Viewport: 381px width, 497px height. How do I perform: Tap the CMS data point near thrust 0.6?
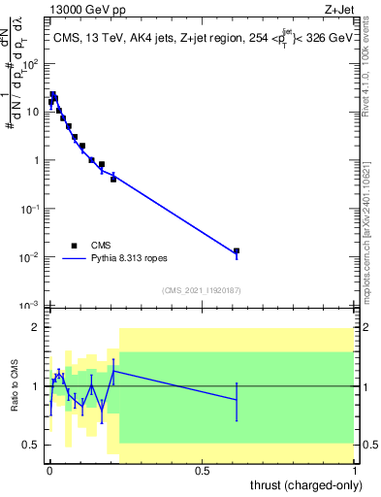pos(237,250)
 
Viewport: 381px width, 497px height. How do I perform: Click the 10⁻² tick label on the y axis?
pos(32,256)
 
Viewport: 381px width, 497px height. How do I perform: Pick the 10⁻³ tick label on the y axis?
pos(32,305)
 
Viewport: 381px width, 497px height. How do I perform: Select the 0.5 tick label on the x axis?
pos(202,469)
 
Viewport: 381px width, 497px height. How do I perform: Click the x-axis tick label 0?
pos(48,469)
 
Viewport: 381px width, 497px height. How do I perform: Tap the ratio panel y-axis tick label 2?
pos(37,328)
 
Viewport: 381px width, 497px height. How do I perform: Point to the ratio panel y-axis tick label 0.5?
pos(33,445)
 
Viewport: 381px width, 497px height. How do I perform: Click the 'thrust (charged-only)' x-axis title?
pos(304,484)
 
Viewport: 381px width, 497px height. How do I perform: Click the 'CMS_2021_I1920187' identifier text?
pos(202,290)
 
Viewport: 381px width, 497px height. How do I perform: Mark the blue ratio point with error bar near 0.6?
pos(237,400)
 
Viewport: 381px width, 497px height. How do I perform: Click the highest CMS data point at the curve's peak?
pos(53,95)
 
